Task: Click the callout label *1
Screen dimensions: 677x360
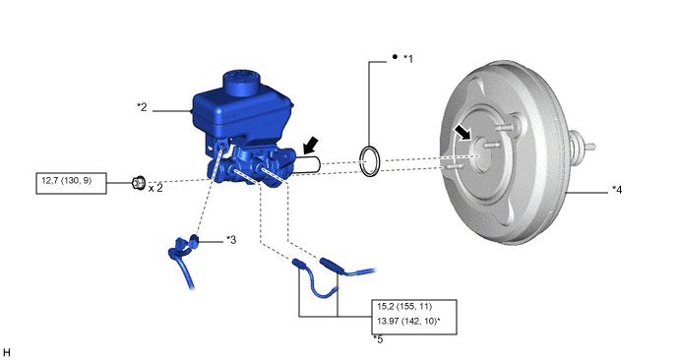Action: pos(408,59)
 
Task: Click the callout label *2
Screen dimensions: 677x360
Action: pos(142,107)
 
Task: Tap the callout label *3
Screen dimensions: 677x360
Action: pos(231,240)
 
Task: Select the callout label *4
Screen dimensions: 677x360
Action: pos(617,190)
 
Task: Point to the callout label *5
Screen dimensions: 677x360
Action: pos(378,339)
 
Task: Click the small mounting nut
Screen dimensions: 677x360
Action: pos(138,183)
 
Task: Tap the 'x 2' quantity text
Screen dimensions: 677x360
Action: pos(155,188)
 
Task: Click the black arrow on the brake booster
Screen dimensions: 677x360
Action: pos(462,132)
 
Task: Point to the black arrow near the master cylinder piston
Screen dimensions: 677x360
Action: pos(311,146)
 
